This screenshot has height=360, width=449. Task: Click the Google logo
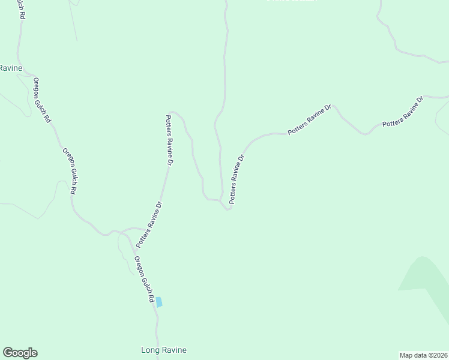pyautogui.click(x=20, y=353)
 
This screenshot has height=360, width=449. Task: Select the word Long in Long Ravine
pyautogui.click(x=149, y=350)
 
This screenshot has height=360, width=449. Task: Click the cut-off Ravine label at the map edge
pyautogui.click(x=11, y=68)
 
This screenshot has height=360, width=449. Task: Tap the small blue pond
pyautogui.click(x=159, y=302)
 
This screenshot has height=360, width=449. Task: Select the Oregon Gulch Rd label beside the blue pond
pyautogui.click(x=145, y=280)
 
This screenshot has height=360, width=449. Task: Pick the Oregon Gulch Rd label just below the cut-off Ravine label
pyautogui.click(x=43, y=100)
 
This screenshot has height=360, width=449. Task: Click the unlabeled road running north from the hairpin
pyautogui.click(x=224, y=72)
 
